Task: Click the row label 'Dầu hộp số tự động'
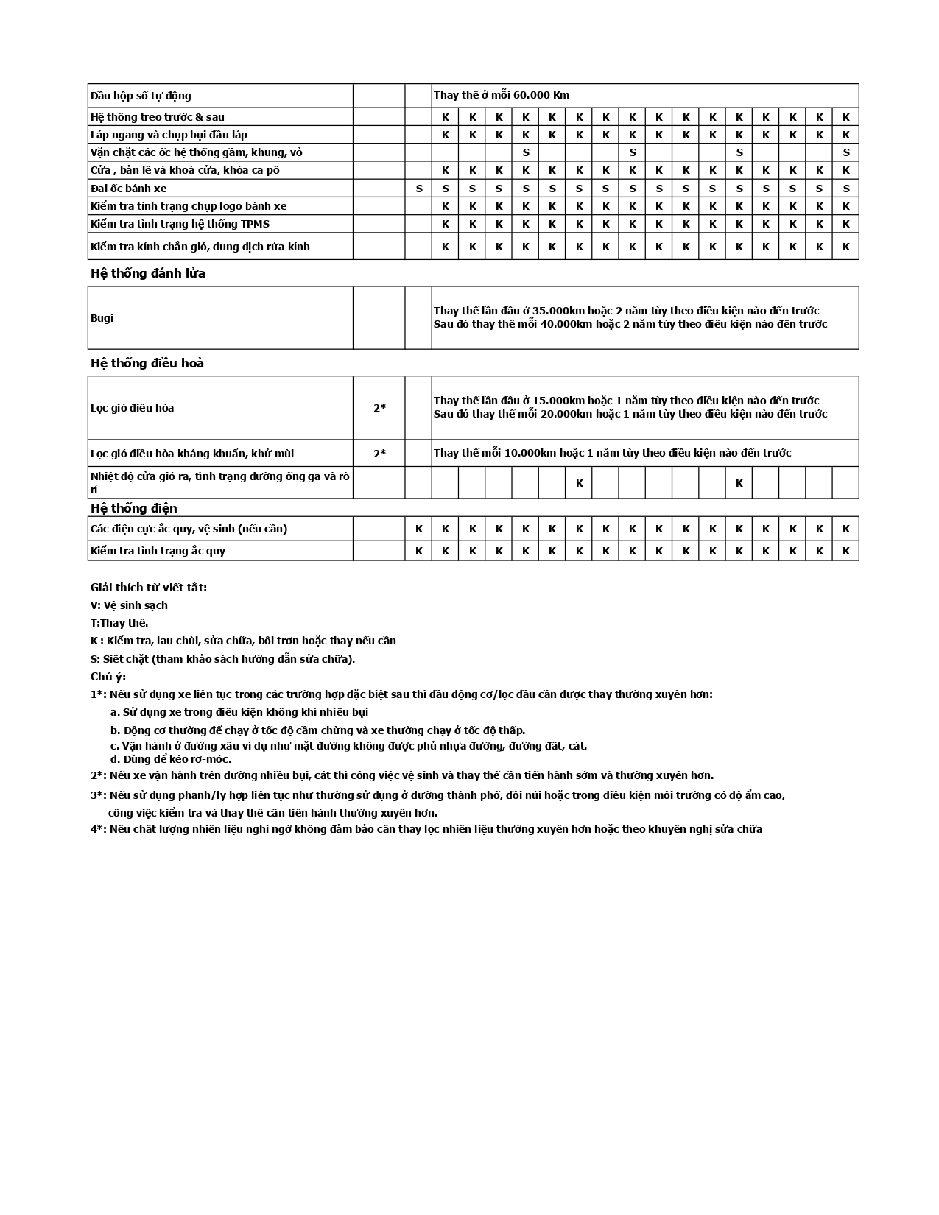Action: click(x=141, y=96)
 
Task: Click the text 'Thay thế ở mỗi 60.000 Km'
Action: click(x=502, y=95)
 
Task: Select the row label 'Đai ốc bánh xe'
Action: click(x=129, y=189)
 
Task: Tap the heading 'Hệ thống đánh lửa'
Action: click(x=148, y=273)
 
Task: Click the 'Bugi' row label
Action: click(x=102, y=318)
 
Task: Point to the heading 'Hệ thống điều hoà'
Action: click(x=147, y=363)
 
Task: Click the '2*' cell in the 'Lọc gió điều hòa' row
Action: click(x=379, y=408)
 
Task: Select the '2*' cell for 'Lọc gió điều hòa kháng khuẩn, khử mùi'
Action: click(x=379, y=454)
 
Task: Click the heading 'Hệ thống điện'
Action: click(x=134, y=508)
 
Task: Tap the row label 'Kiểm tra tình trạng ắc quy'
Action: click(x=158, y=551)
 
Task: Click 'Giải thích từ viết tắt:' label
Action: click(x=149, y=588)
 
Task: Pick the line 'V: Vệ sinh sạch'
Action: click(x=129, y=605)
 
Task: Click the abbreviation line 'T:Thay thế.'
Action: click(x=119, y=623)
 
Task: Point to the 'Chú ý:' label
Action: click(x=108, y=677)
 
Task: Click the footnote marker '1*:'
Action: click(x=99, y=694)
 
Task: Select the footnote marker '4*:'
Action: click(x=99, y=829)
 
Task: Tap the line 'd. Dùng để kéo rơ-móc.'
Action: click(x=171, y=759)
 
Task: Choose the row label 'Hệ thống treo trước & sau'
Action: click(x=158, y=117)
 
